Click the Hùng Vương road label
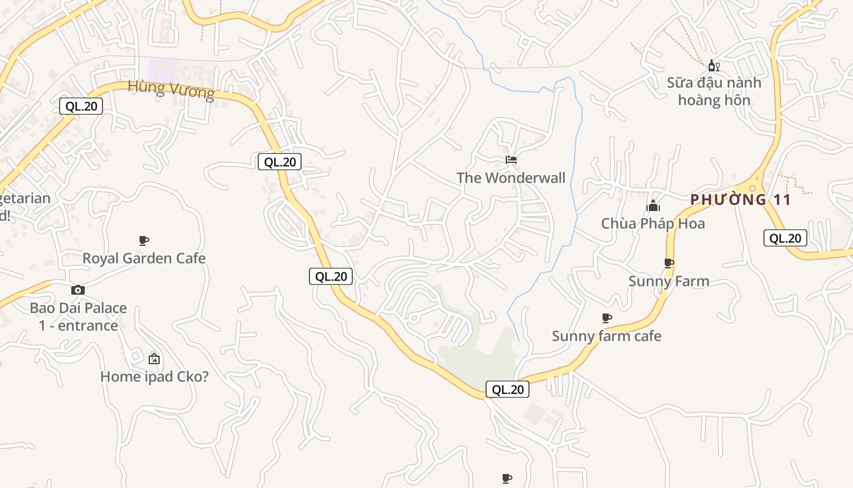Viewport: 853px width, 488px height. (171, 89)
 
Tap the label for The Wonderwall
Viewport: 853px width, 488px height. (511, 178)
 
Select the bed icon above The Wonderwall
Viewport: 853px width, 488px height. (511, 160)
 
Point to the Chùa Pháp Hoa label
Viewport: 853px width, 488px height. (653, 224)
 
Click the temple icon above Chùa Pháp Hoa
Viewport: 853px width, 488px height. (653, 206)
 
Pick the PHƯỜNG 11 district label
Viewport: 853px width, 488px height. (740, 199)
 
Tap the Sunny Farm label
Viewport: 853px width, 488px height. (668, 281)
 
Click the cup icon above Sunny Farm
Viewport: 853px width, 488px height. (668, 263)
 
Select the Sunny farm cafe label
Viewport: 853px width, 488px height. (606, 336)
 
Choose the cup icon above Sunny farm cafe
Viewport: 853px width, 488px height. (606, 318)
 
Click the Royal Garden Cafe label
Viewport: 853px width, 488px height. (144, 259)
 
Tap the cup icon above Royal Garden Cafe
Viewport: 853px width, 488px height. (144, 240)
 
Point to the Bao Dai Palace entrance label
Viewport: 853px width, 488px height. (78, 317)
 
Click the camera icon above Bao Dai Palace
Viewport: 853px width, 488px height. (78, 290)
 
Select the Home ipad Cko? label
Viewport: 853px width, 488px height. (154, 377)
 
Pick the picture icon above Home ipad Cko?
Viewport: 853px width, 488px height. (154, 359)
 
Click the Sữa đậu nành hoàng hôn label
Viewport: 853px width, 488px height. (713, 91)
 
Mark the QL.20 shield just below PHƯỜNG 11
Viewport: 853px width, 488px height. (785, 239)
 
